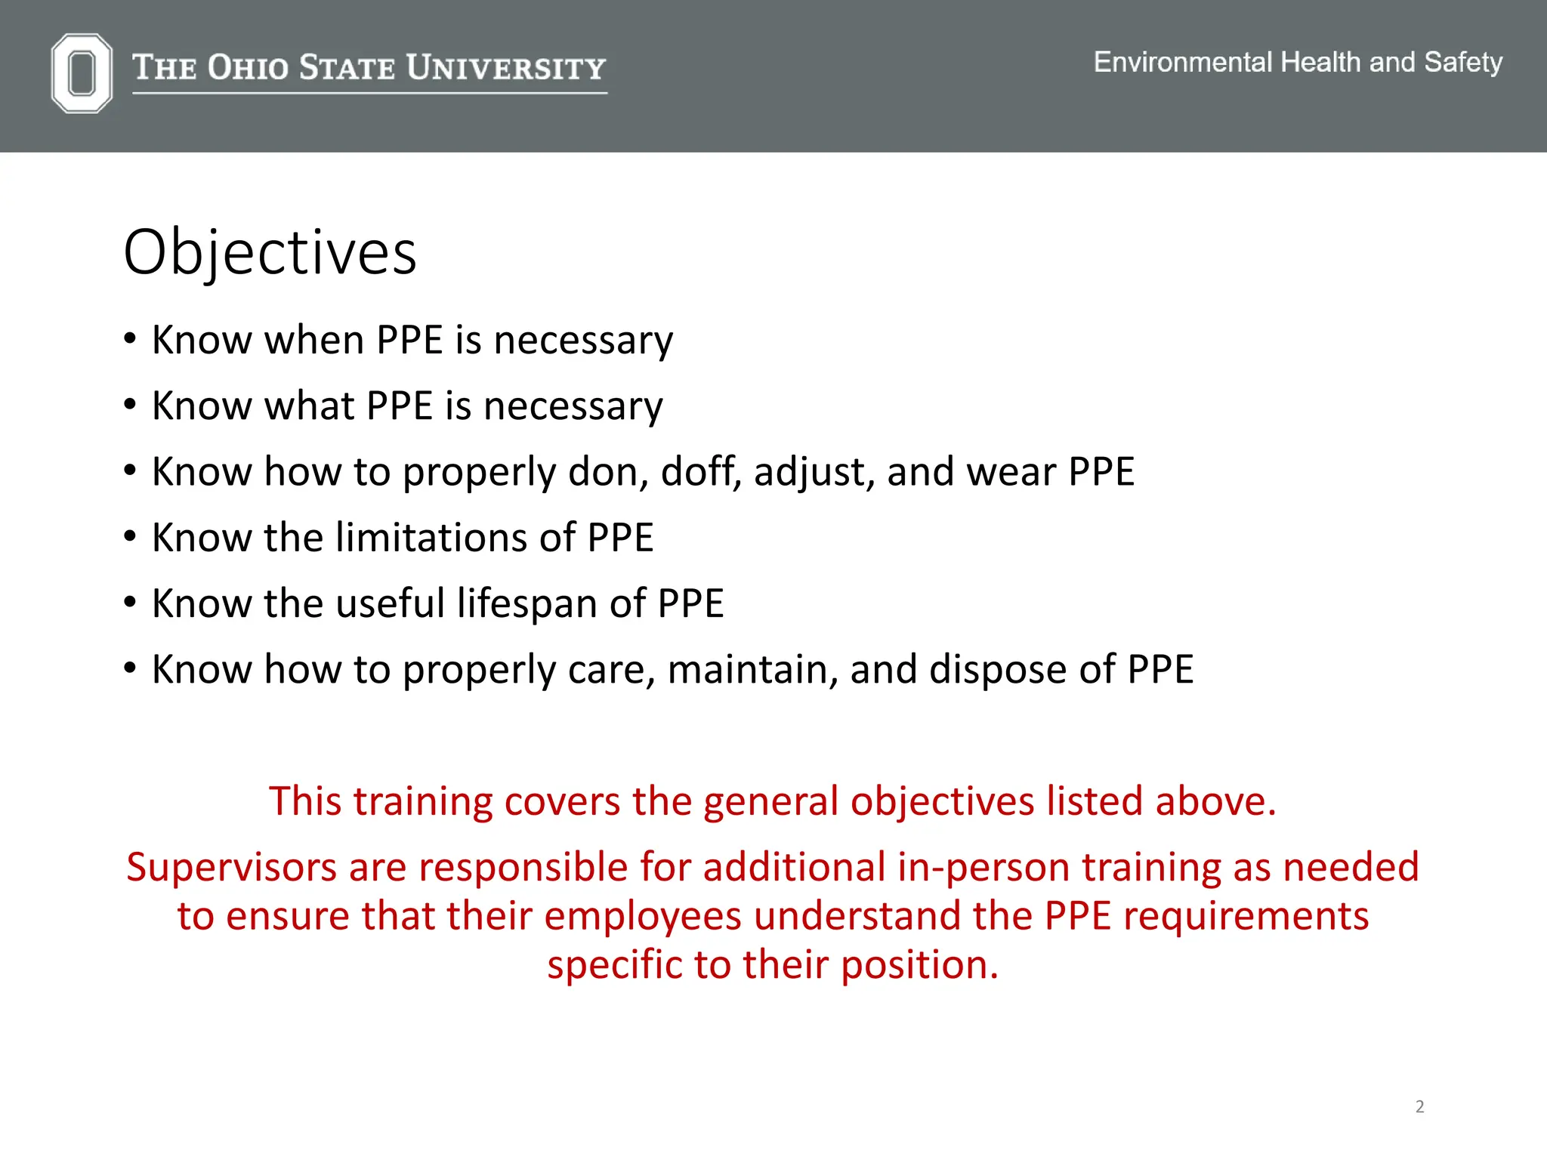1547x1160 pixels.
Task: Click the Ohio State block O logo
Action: (x=82, y=73)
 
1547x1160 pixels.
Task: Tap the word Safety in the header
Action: (x=1462, y=62)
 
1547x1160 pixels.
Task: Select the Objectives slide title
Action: (x=270, y=252)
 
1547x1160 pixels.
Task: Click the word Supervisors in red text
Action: (x=231, y=867)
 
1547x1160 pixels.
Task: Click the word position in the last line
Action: (x=919, y=965)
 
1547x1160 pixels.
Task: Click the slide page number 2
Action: (x=1419, y=1106)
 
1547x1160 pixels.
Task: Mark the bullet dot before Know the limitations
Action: (x=131, y=537)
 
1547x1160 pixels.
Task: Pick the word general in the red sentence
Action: (x=770, y=801)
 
